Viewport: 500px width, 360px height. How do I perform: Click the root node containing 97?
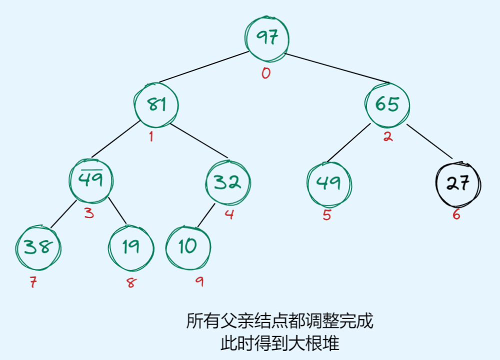pos(267,37)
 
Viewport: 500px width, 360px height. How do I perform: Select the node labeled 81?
pos(156,104)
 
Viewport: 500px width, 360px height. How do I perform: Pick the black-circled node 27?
pos(458,183)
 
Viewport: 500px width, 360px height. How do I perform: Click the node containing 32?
pos(228,182)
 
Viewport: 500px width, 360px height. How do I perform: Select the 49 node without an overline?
pos(329,183)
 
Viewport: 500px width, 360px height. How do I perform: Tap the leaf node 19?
pos(131,247)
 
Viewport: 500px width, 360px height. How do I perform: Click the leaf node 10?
pos(188,246)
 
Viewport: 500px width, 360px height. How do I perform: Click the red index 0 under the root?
pos(265,73)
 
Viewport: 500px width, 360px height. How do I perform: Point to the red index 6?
pos(456,215)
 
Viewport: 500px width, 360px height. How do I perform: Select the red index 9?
pos(199,282)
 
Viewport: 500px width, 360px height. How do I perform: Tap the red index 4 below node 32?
pos(229,215)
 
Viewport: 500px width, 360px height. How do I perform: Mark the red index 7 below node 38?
pos(33,282)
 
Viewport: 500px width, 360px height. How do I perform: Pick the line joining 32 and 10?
pos(206,216)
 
